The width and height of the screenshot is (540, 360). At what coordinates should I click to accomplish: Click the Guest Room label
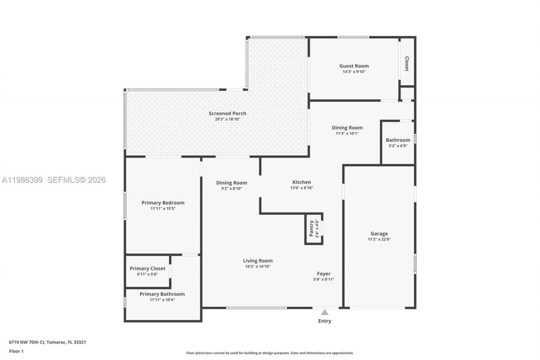[x=354, y=66]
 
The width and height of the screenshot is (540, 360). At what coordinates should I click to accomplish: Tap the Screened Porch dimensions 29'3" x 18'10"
[x=227, y=119]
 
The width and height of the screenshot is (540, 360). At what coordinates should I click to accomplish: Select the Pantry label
[x=311, y=228]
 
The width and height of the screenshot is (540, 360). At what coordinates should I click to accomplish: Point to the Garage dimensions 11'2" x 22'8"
[x=379, y=239]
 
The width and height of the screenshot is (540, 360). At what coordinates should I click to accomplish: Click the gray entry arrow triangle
[x=325, y=312]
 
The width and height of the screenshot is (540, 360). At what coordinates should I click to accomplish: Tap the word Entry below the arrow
[x=325, y=321]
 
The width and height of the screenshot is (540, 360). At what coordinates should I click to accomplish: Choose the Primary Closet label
[x=148, y=268]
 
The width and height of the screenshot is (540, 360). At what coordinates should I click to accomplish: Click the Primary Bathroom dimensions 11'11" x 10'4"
[x=162, y=300]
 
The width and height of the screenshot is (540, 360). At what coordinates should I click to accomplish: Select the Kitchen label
[x=302, y=182]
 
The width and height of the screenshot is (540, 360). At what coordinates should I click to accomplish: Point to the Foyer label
[x=324, y=273]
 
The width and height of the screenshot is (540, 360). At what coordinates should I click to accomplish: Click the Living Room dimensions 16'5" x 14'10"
[x=258, y=266]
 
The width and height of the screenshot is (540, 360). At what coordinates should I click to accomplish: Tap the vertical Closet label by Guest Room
[x=407, y=64]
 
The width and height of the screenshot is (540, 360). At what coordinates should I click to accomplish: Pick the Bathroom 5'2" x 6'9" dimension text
[x=398, y=146]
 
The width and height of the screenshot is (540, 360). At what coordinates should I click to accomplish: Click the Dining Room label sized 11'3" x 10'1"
[x=347, y=127]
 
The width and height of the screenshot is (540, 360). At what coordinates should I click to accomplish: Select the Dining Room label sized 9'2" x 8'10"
[x=232, y=183]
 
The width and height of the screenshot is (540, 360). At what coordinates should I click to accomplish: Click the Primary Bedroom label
[x=163, y=203]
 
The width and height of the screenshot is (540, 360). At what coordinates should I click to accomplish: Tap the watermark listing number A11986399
[x=22, y=180]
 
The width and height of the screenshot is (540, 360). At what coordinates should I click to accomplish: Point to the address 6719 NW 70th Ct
[x=27, y=342]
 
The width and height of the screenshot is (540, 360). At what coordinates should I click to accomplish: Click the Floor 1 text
[x=16, y=351]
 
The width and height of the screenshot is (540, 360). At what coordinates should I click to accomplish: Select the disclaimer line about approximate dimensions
[x=270, y=353]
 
